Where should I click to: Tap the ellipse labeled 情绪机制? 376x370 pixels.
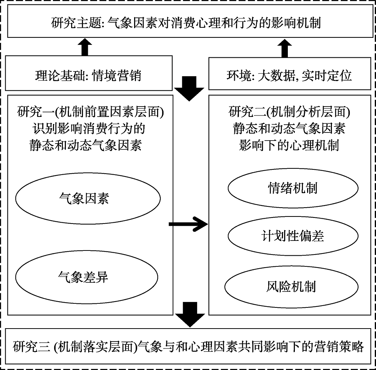(292, 188)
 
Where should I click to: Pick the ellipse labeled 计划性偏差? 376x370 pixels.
(292, 236)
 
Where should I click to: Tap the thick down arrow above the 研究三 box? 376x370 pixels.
(189, 313)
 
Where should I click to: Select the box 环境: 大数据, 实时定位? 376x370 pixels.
(289, 75)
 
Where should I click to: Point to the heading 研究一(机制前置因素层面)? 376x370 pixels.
(89, 111)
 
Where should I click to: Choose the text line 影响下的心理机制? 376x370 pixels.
(289, 145)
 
